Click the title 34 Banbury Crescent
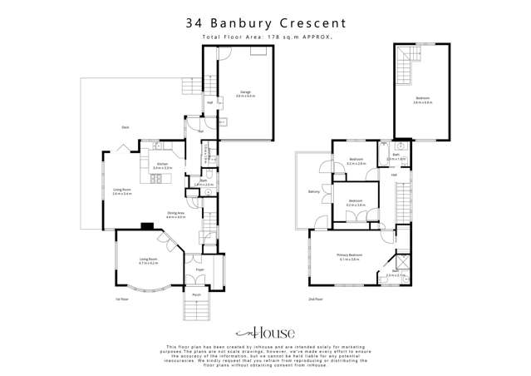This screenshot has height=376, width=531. (266, 24)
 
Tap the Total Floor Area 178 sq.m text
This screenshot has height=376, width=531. (266, 38)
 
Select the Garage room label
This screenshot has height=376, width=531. (246, 93)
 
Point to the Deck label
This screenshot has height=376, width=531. (125, 126)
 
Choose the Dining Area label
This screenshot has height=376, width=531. (175, 215)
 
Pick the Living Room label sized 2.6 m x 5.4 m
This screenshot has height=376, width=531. (122, 191)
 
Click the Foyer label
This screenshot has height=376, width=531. (200, 270)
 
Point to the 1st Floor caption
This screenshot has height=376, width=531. (122, 299)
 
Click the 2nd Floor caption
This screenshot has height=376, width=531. (315, 299)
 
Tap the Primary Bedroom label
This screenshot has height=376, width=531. (348, 257)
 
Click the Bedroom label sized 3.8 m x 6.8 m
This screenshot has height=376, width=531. (424, 101)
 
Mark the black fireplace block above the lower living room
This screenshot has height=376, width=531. (146, 225)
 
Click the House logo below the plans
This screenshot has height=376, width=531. (266, 329)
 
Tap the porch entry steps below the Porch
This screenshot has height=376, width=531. (198, 310)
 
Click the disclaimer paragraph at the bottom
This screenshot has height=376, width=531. (266, 356)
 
